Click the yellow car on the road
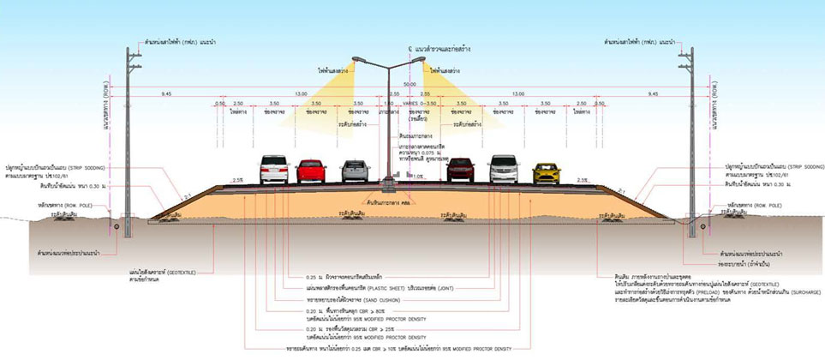click(x=546, y=173)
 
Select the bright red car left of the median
click(x=311, y=171)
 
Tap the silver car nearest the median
click(x=355, y=171)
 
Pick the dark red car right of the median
click(x=461, y=170)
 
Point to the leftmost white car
click(x=272, y=170)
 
